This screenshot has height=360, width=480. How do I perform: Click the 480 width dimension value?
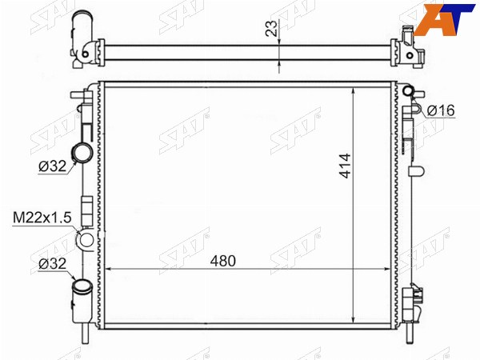[223, 261]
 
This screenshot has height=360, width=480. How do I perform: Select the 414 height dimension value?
[346, 166]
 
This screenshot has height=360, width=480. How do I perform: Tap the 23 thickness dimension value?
[271, 28]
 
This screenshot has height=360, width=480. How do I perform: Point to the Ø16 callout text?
[441, 110]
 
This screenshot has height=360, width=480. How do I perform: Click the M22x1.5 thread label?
[42, 218]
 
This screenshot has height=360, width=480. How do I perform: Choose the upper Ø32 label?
[52, 166]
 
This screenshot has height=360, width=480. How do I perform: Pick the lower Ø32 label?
[52, 264]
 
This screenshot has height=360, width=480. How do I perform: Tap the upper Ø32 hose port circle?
[82, 152]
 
